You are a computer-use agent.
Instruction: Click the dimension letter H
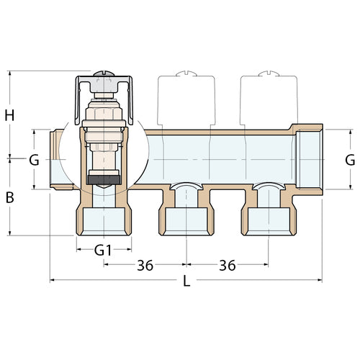coord(9,114)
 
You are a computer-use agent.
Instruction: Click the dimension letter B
coord(9,197)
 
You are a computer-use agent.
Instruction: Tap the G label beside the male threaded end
coord(33,160)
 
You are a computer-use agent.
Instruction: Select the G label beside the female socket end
coord(350,160)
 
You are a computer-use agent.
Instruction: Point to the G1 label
coord(104,251)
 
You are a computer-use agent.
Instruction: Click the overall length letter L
coord(186,282)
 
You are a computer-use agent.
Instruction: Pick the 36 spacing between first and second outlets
coord(145,265)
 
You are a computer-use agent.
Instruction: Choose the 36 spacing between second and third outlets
coord(228,265)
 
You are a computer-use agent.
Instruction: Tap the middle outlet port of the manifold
coord(185,217)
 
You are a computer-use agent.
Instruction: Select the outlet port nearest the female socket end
coord(267,217)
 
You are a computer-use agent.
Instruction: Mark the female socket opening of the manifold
coord(311,160)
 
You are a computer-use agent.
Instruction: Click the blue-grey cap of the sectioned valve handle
coord(103,86)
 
